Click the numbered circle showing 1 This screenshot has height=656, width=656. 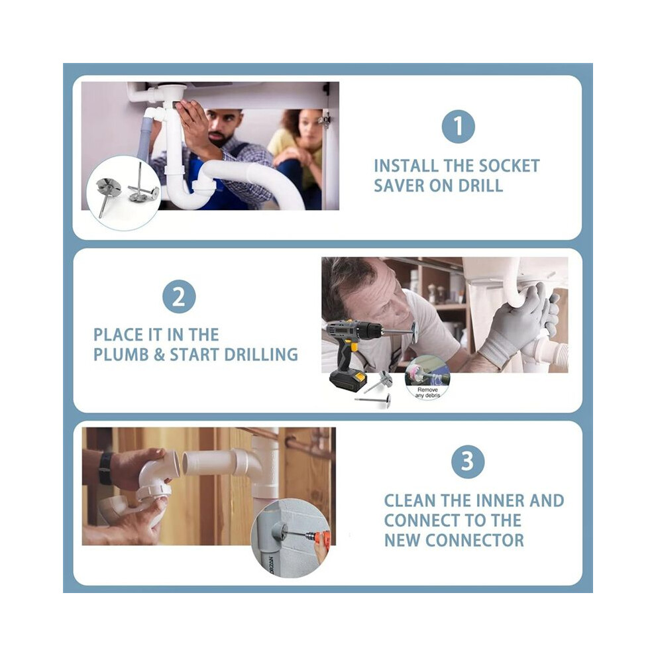[x=458, y=127]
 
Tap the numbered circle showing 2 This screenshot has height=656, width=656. [x=179, y=297]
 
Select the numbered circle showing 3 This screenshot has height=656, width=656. [x=468, y=461]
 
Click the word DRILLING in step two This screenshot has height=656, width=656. [x=261, y=355]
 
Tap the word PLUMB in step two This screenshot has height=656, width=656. [x=121, y=355]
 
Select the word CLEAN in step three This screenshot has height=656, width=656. [x=410, y=501]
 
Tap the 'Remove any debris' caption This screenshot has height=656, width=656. [x=427, y=392]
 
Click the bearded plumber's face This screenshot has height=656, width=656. [x=224, y=127]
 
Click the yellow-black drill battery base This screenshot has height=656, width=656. [x=348, y=380]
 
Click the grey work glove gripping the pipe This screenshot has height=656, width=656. [x=518, y=322]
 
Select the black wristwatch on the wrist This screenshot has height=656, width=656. [x=105, y=468]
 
